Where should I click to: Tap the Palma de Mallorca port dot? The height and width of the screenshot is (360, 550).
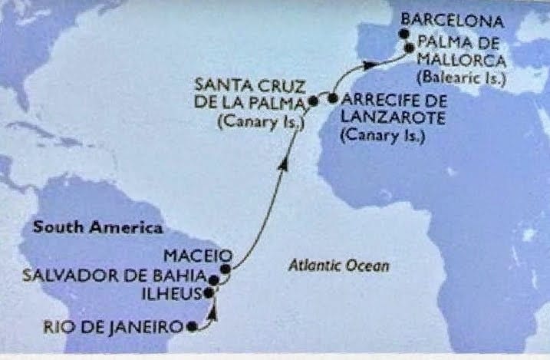coord(410,48)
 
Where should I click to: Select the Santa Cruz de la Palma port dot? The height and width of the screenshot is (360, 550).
coord(313,101)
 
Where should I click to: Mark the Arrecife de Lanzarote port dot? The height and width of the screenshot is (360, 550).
coord(333,98)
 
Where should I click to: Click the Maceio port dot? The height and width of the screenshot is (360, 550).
coord(225,269)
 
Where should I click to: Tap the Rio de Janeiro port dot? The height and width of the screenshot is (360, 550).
coord(191,326)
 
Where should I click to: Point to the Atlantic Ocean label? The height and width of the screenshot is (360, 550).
coord(340,266)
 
